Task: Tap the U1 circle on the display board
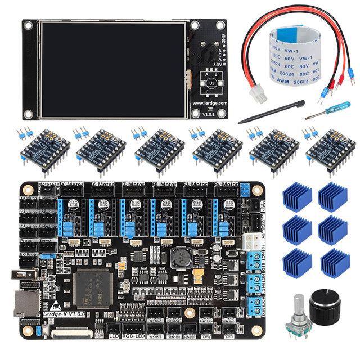click(x=211, y=83)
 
